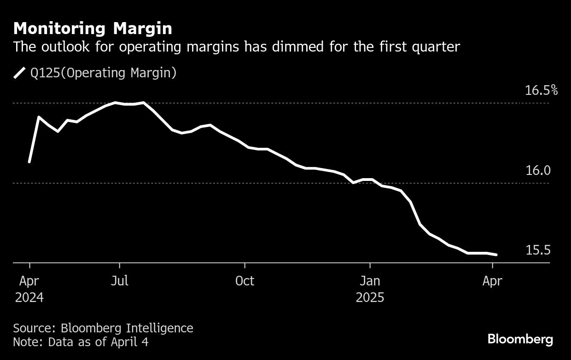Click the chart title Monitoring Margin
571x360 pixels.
[x=93, y=29]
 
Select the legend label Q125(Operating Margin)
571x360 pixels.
[x=103, y=73]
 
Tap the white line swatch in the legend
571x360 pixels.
[x=19, y=73]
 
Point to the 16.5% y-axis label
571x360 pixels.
[x=541, y=90]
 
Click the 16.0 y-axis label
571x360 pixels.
[x=538, y=171]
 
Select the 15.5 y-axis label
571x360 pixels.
[x=538, y=250]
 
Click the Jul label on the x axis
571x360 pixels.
[x=119, y=281]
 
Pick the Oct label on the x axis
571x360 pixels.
[x=245, y=281]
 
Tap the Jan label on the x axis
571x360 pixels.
[x=369, y=281]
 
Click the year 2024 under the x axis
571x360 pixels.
[x=29, y=297]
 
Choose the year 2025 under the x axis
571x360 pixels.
[x=370, y=297]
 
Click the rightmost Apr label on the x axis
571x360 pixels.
[x=492, y=281]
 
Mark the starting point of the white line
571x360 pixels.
[x=29, y=162]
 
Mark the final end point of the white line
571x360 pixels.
[x=496, y=255]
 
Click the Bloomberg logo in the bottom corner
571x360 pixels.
[x=520, y=340]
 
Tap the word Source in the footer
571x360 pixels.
[x=33, y=328]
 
